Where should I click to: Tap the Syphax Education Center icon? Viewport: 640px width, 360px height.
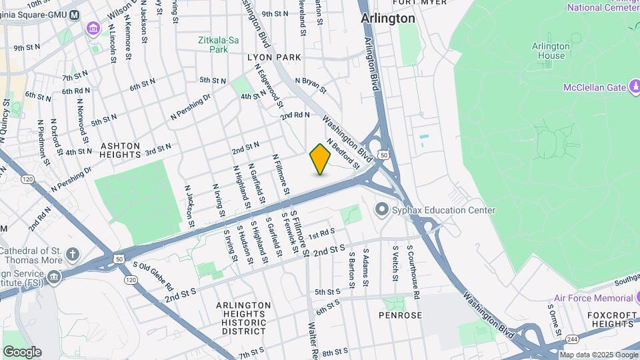(381, 210)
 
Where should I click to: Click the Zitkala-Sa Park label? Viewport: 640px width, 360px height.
(218, 45)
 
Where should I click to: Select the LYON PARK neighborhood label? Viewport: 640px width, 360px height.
(274, 58)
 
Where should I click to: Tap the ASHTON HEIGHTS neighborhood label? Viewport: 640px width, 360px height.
(121, 149)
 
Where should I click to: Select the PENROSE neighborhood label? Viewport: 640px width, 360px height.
(401, 315)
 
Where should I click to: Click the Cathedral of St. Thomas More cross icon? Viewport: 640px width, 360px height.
(72, 254)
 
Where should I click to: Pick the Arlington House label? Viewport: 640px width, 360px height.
(551, 51)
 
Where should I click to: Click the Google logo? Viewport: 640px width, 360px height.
(22, 352)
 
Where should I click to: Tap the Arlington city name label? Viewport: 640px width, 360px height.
(388, 19)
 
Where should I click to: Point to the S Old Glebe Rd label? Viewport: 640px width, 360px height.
(153, 274)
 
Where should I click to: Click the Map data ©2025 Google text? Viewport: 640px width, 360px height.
(599, 355)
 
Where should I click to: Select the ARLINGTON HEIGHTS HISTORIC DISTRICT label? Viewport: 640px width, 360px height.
(243, 318)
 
